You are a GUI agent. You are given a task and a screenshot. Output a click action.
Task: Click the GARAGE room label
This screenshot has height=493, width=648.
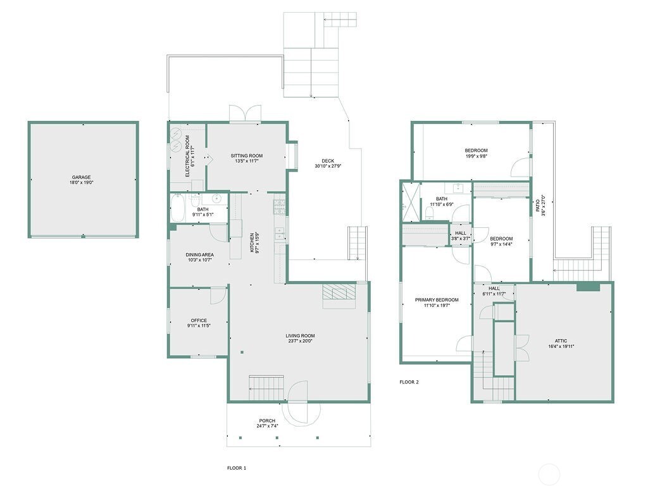tap(82, 177)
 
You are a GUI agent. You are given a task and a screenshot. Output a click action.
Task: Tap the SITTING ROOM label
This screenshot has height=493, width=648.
tap(247, 156)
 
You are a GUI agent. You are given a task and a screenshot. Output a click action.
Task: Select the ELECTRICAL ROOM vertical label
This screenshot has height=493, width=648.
tap(187, 156)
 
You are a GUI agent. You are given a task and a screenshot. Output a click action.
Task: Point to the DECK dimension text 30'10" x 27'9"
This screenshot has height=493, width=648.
tap(328, 166)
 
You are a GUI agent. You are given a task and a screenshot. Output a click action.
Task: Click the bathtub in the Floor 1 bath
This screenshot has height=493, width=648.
tap(178, 209)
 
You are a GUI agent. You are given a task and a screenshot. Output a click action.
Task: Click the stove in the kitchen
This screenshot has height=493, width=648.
tap(279, 206)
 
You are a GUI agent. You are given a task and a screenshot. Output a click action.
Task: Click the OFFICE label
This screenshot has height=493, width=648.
tap(199, 321)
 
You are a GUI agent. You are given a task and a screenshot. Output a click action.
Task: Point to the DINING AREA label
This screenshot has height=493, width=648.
tap(199, 255)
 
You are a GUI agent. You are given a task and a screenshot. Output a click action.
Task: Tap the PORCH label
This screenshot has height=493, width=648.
tap(267, 421)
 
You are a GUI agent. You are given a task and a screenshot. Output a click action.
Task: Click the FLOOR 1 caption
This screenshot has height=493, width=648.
tap(237, 468)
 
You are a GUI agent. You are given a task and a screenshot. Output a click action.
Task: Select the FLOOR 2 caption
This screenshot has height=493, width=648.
tap(409, 382)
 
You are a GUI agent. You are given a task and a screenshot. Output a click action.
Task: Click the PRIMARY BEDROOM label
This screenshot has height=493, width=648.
tap(437, 300)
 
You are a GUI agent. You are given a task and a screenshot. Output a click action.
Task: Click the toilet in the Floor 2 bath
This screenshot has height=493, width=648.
tap(430, 213)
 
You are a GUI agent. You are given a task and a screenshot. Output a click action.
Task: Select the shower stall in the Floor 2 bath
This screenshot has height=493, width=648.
tap(410, 202)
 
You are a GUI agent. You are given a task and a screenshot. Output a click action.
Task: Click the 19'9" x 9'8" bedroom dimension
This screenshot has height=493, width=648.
tap(476, 156)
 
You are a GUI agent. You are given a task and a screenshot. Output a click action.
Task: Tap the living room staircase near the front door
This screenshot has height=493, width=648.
tap(266, 389)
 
